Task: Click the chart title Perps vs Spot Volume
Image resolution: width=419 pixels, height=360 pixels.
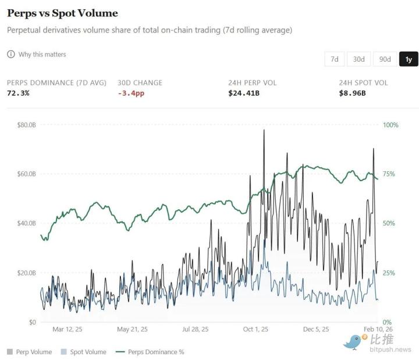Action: (62, 13)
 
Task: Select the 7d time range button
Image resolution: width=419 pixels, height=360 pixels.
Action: (334, 59)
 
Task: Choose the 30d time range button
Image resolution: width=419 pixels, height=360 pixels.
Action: (358, 59)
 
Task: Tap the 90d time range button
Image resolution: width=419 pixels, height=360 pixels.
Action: (385, 59)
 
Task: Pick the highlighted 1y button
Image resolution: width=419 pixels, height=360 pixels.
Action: (409, 59)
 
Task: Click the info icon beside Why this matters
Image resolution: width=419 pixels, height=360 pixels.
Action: (10, 54)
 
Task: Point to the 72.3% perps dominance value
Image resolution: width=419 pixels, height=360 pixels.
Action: (18, 93)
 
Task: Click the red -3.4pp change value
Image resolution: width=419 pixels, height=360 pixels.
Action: (130, 93)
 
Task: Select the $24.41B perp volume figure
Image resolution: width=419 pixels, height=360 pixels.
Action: (244, 93)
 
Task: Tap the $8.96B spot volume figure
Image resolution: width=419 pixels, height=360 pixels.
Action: (352, 93)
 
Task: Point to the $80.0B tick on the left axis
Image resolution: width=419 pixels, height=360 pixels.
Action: (26, 125)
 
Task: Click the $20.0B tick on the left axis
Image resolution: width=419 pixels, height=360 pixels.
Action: (26, 273)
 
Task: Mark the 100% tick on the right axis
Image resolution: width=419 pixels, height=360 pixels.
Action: (390, 125)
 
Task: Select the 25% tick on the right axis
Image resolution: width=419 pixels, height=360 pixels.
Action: (389, 273)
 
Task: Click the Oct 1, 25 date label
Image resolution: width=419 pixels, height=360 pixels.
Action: (255, 329)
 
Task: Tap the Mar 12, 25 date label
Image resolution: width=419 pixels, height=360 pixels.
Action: (68, 329)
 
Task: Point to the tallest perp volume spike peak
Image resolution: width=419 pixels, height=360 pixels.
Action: (264, 130)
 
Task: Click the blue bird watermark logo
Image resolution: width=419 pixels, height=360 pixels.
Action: (353, 342)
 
